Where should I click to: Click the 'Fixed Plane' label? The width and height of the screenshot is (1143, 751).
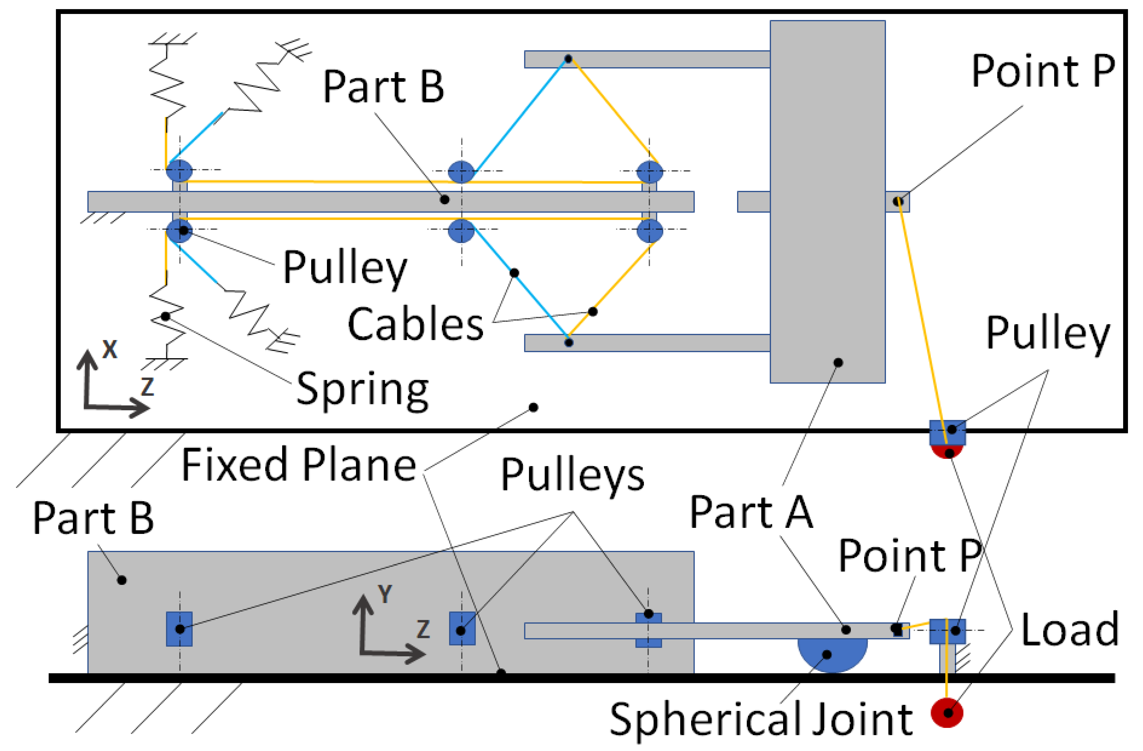pos(299,465)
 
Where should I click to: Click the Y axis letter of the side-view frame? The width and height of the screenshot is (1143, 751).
pos(385,594)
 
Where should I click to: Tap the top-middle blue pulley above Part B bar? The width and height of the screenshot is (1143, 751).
pos(461,172)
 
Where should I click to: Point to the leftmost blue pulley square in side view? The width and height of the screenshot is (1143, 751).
pos(179,629)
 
